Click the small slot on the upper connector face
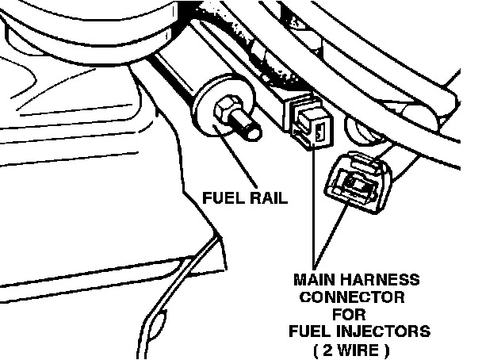[x=318, y=132]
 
